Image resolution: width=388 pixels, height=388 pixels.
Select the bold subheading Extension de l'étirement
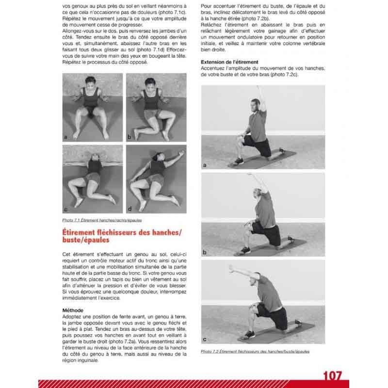point(229,62)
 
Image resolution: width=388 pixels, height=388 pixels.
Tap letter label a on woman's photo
point(65,137)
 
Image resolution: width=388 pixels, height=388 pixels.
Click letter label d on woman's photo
point(129,209)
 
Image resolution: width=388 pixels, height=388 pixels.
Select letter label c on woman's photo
point(65,209)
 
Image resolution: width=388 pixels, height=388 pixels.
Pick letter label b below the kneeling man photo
point(205,253)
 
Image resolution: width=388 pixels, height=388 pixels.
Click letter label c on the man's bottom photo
point(205,339)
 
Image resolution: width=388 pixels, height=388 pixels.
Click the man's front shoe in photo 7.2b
point(244,251)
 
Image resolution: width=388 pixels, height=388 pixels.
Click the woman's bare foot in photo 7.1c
point(112,199)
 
